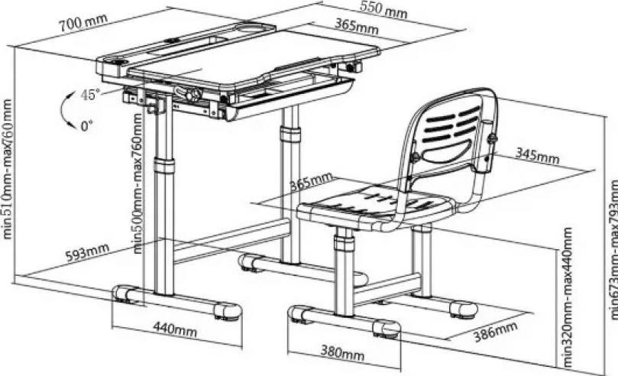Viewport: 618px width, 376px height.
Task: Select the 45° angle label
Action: [91, 96]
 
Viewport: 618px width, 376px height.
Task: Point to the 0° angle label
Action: [89, 127]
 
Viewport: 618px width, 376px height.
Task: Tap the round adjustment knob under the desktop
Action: [193, 94]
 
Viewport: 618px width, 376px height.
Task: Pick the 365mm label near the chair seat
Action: [311, 183]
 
